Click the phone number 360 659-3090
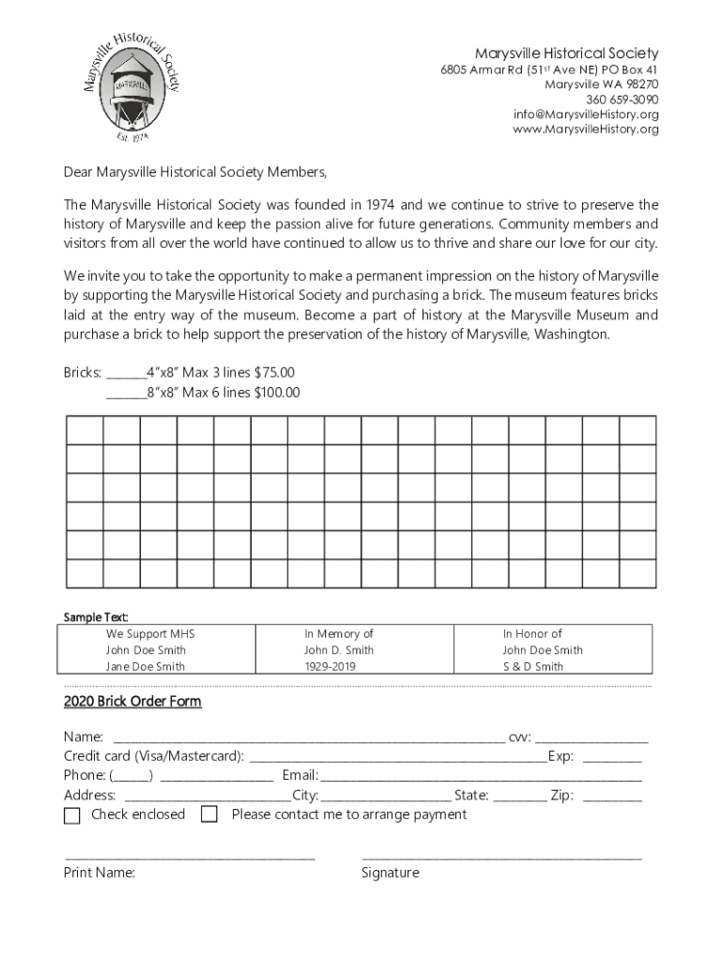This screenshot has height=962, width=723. click(x=622, y=100)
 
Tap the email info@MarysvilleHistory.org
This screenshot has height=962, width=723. click(x=586, y=115)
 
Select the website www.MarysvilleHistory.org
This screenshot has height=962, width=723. click(x=585, y=130)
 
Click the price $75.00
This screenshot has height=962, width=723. click(x=274, y=372)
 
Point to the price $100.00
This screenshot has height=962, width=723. click(x=277, y=393)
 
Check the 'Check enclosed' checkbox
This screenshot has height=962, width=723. click(x=72, y=815)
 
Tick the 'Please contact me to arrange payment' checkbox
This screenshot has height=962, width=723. click(x=209, y=815)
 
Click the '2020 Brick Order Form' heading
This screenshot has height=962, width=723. click(x=132, y=702)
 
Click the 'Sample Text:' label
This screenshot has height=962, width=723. click(x=96, y=617)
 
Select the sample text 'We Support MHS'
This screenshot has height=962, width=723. click(x=150, y=634)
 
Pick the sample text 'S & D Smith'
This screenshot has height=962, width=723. click(x=532, y=667)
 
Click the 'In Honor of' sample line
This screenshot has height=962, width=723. click(x=531, y=634)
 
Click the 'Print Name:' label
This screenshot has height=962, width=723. click(x=100, y=873)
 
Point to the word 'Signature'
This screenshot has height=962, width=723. click(x=390, y=873)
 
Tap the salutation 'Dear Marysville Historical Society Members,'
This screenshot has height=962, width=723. click(x=196, y=172)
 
